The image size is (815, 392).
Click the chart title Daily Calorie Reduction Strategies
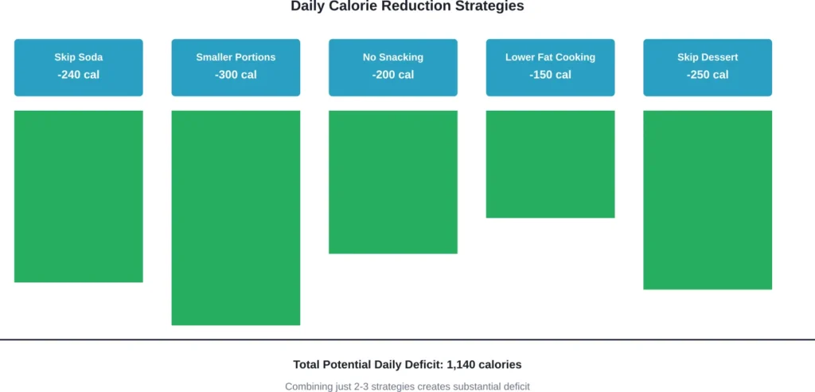407,6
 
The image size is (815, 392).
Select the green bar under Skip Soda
79,196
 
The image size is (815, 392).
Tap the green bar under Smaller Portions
236,218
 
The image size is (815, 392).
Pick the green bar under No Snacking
393,182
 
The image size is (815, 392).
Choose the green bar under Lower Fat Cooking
550,164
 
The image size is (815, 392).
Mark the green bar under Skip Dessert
708,200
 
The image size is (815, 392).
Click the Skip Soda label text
79,57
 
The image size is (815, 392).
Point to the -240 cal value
79,75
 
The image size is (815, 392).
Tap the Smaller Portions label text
236,57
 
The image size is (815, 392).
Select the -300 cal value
236,75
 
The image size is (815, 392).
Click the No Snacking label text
393,57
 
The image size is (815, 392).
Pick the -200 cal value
393,75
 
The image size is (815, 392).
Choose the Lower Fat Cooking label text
550,57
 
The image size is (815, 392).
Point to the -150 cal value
550,75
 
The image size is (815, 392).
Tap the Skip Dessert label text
708,57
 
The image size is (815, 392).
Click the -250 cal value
708,75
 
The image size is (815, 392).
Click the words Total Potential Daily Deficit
368,365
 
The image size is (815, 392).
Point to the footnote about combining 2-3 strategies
407,386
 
